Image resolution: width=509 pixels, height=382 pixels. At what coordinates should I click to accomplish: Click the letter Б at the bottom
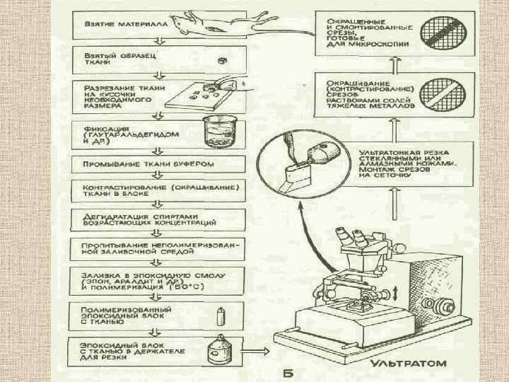coord(288,373)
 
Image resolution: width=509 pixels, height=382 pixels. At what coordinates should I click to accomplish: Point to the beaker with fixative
coord(216,132)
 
